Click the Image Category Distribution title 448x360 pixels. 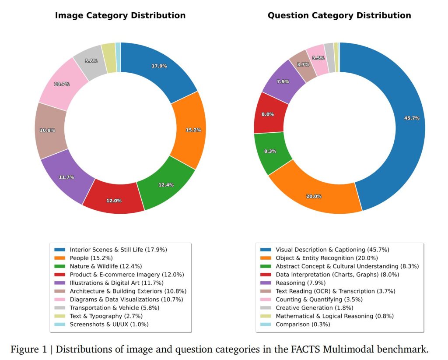click(120, 15)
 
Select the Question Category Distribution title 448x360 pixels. click(339, 15)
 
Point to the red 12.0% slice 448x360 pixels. click(114, 200)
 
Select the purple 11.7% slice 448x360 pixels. click(66, 176)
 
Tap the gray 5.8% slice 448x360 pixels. click(91, 61)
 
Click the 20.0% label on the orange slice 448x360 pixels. click(314, 196)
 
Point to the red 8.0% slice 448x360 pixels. click(268, 114)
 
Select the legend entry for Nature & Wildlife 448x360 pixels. click(105, 266)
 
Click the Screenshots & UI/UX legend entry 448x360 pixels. click(109, 325)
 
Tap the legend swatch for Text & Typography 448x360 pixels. click(60, 316)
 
